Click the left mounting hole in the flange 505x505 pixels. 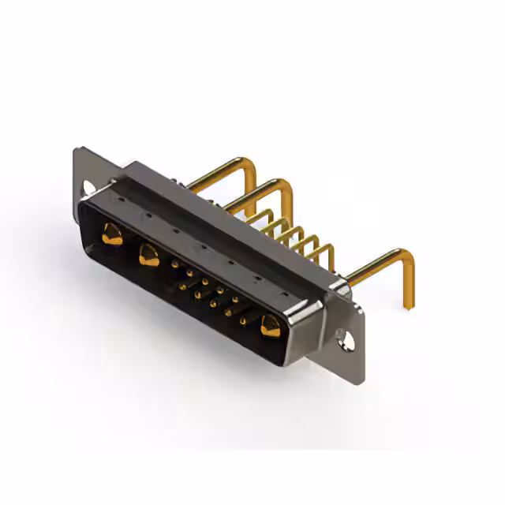[89, 188]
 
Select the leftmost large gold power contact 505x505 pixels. [112, 234]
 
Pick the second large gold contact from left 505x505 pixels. [148, 254]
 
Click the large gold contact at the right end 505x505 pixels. [270, 325]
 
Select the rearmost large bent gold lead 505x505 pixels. [229, 167]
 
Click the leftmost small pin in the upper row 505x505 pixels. [174, 265]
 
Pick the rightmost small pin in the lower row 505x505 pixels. [244, 320]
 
